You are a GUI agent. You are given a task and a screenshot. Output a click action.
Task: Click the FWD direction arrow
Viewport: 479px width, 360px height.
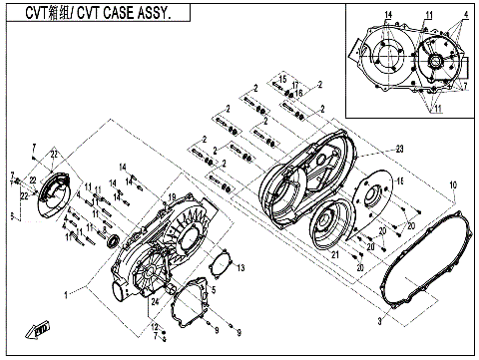42,327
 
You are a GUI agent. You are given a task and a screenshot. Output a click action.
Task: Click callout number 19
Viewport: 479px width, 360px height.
172,196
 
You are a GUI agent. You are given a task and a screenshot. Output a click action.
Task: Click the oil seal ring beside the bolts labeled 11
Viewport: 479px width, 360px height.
112,240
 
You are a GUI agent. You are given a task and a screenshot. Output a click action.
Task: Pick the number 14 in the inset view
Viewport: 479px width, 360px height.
388,13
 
